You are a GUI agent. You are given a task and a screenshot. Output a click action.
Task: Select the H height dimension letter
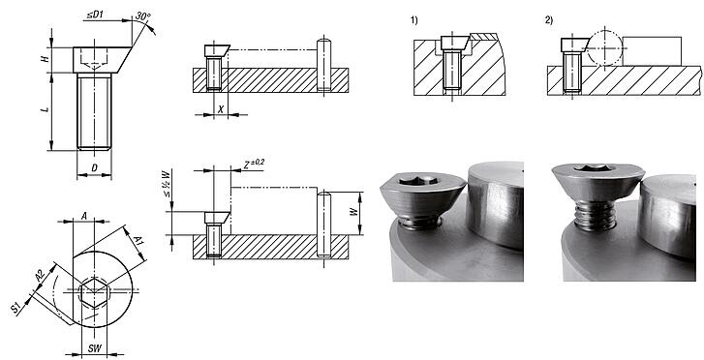pos(45,60)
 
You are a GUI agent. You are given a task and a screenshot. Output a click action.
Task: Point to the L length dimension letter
pos(45,111)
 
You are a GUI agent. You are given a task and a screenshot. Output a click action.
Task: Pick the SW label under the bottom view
pos(94,345)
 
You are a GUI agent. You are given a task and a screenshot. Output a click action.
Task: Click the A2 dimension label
pos(39,277)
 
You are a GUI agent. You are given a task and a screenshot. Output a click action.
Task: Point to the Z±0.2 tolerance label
pos(254,164)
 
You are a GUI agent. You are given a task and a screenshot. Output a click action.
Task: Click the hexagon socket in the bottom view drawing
pos(94,290)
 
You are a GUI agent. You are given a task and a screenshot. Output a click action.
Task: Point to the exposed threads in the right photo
pos(593,214)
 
